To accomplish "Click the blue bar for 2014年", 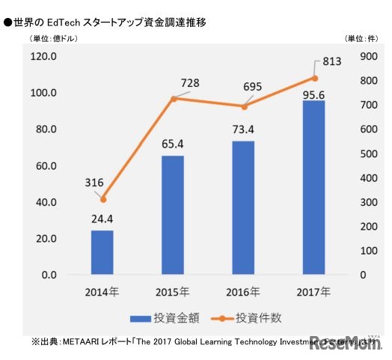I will point(102,252).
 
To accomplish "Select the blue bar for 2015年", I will point(173,215).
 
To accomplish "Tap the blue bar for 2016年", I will point(243,207).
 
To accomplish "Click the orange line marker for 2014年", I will point(102,199).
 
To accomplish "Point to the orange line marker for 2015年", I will point(173,99).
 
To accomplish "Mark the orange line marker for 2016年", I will point(243,106).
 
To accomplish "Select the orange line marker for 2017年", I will point(314,78).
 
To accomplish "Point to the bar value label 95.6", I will point(313,89).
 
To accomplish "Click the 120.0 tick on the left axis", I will point(43,57).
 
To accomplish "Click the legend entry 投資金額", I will point(153,317).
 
